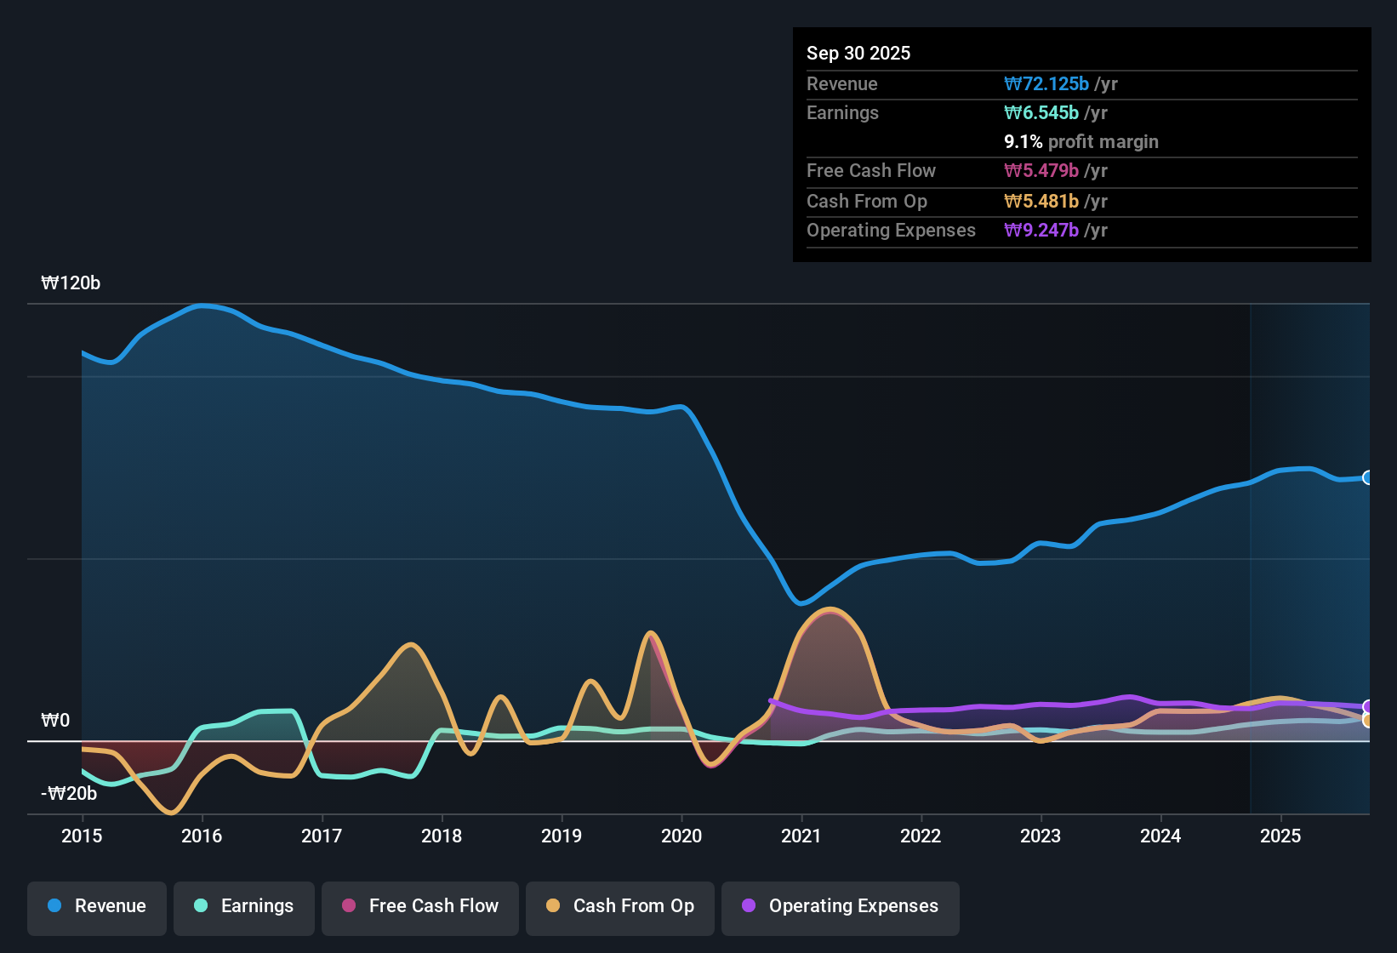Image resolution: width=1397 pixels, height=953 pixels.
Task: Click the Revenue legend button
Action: tap(97, 906)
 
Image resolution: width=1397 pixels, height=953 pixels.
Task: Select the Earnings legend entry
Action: tap(243, 906)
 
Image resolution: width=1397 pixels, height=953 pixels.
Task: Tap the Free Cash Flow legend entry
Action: tap(419, 906)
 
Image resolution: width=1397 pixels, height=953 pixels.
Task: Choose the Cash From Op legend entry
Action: tap(619, 906)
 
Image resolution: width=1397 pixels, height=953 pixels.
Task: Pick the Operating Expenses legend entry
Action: tap(840, 906)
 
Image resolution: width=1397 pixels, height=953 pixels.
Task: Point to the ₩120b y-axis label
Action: tap(71, 283)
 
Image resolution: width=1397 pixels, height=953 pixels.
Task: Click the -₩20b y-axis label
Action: tap(69, 794)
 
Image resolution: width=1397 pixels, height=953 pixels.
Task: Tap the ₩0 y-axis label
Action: tap(55, 721)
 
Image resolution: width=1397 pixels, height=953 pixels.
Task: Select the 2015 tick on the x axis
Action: tap(82, 836)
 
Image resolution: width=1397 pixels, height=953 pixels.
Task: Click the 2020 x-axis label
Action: tap(681, 836)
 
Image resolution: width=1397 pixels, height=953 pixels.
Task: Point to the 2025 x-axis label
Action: tap(1280, 836)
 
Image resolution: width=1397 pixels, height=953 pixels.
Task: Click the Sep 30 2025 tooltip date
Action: tap(858, 53)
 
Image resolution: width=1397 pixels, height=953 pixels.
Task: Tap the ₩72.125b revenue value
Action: tap(1046, 83)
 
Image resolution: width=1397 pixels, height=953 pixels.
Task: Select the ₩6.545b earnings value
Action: tap(1041, 112)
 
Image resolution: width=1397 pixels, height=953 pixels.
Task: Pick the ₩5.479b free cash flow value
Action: tap(1041, 170)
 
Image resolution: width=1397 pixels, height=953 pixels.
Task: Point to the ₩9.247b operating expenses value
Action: tap(1041, 230)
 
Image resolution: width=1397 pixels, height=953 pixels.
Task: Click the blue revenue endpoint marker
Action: tap(1368, 477)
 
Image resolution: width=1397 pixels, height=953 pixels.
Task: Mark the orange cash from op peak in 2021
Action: tap(830, 609)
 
